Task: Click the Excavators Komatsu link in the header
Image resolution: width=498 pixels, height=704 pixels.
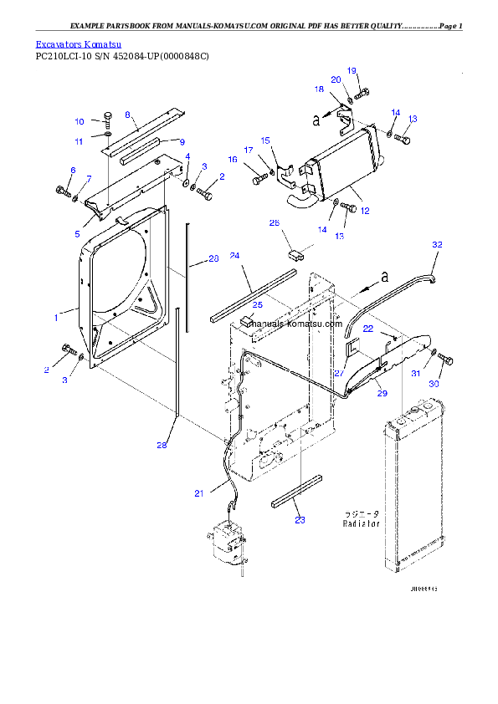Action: tap(79, 43)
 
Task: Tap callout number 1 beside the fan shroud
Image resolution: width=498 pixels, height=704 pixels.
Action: tap(56, 317)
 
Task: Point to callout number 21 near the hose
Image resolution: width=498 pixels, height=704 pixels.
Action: tap(198, 493)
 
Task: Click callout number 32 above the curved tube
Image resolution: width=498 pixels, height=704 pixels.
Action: tap(436, 244)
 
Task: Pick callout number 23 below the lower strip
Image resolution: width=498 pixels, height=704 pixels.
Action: tap(300, 519)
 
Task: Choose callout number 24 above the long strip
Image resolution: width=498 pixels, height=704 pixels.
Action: tap(235, 255)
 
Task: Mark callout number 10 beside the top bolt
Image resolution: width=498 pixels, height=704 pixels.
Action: tap(80, 121)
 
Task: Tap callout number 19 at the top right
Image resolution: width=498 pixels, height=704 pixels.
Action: tap(352, 70)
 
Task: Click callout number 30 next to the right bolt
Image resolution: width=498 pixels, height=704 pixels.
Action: tap(434, 384)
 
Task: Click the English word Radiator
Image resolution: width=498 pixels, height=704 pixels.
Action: tap(361, 523)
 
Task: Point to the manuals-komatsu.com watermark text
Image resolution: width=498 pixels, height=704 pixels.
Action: tap(295, 324)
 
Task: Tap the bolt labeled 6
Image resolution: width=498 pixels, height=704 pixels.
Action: tap(63, 191)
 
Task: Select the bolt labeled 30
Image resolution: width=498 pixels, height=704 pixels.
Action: tap(446, 359)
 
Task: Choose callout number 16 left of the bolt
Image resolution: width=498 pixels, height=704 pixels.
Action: tap(233, 159)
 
